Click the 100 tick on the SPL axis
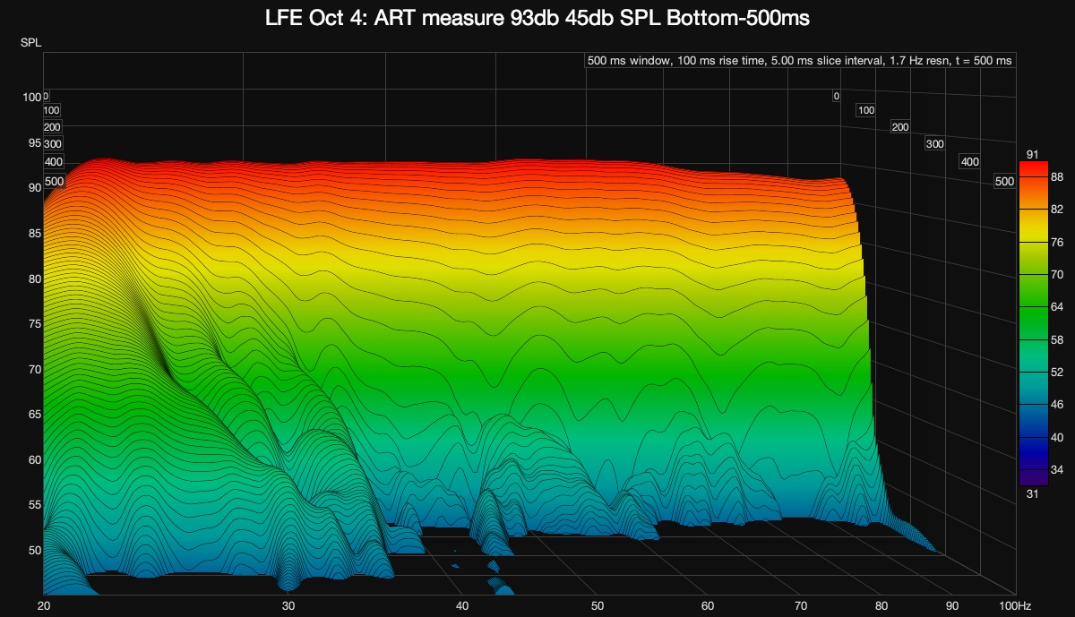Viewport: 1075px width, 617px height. (x=32, y=97)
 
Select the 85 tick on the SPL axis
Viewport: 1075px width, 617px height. (x=35, y=234)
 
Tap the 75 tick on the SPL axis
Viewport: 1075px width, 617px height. (x=35, y=324)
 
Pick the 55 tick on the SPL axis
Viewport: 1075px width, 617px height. (x=35, y=505)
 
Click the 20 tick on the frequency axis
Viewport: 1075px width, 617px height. (x=43, y=605)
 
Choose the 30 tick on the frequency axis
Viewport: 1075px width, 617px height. (x=288, y=605)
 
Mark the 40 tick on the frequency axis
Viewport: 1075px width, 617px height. (x=462, y=605)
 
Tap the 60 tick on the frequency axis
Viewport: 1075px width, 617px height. (x=707, y=605)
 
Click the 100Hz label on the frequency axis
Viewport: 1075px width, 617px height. (x=1001, y=605)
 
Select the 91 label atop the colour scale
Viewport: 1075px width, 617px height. (x=1032, y=155)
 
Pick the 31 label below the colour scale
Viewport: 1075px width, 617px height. (x=1032, y=492)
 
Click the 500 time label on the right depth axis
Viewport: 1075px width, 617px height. (x=1004, y=182)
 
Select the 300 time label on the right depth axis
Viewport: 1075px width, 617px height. (x=934, y=144)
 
